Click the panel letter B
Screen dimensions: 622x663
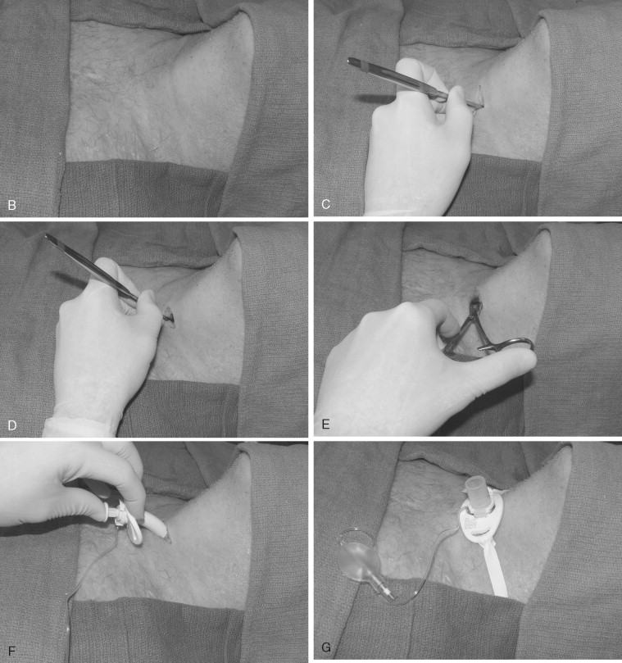(x=11, y=205)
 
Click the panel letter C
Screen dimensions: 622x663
(x=325, y=205)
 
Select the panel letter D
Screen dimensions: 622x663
(x=11, y=425)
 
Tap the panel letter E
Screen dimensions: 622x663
(x=325, y=425)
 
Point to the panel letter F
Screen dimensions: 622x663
(x=11, y=652)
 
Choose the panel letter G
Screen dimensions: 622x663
(x=326, y=647)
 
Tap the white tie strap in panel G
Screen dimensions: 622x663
(x=496, y=566)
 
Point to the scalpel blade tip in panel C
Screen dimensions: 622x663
(x=481, y=105)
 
